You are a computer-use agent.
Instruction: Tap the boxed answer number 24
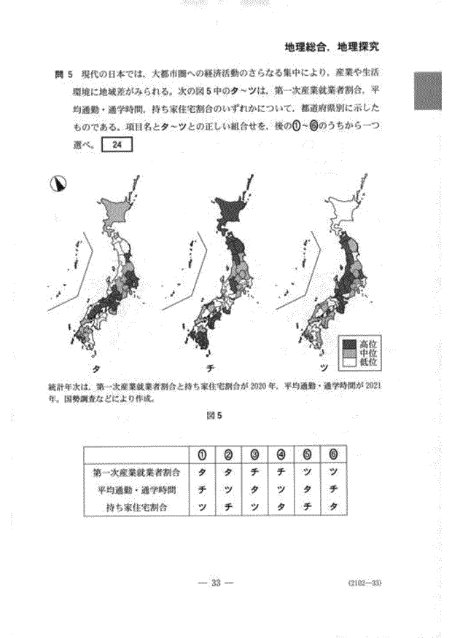[x=116, y=145]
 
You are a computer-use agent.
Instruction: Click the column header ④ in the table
[x=281, y=456]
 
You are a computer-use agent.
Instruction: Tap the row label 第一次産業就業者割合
[x=137, y=473]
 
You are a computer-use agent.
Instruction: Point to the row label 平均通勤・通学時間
[x=137, y=489]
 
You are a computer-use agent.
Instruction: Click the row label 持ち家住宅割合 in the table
[x=137, y=507]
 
